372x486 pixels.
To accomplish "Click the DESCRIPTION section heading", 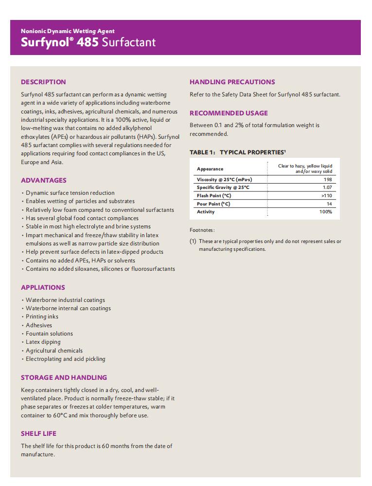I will [43, 82].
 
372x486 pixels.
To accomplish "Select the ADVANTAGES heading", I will [44, 180].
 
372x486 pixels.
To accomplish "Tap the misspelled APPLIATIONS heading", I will [43, 287].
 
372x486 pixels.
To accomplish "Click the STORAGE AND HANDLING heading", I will [64, 377].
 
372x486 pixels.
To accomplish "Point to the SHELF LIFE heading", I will [39, 433].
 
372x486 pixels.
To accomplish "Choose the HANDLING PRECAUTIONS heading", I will [232, 82].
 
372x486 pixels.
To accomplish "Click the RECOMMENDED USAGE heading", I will [229, 113].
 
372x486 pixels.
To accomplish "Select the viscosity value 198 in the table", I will [328, 180].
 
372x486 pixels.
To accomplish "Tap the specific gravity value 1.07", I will [327, 187].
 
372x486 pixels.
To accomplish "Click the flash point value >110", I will [327, 196].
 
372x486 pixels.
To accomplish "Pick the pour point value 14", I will [329, 204].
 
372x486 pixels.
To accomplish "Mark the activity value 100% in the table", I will [326, 212].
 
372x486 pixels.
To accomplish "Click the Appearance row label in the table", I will [210, 169].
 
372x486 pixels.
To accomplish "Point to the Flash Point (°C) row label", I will [214, 196].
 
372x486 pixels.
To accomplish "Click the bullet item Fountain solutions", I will [49, 334].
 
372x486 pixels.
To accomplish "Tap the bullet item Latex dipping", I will [43, 342].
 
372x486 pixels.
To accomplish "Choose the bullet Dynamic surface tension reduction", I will [70, 193].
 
